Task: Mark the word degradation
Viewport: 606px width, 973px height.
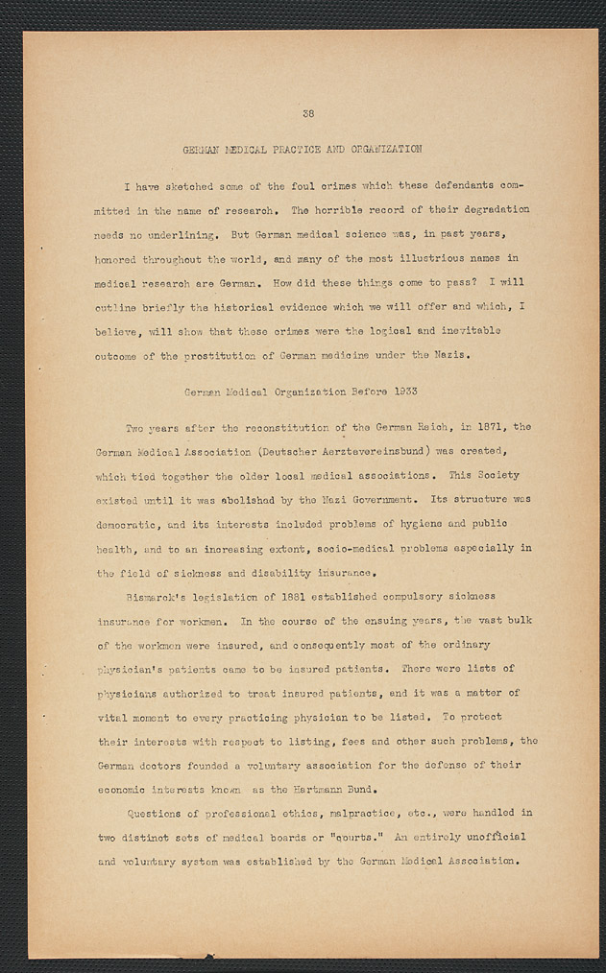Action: [488, 209]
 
